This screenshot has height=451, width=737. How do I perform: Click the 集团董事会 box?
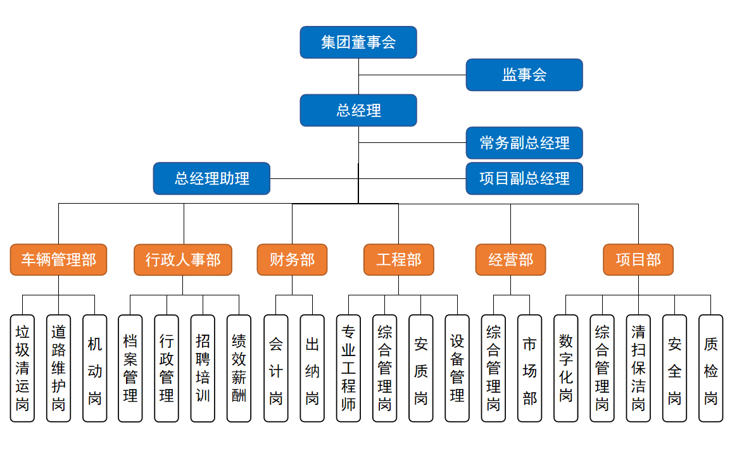tap(358, 42)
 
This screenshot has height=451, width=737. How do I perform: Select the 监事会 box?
tap(524, 75)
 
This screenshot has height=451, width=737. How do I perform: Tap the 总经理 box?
tap(358, 111)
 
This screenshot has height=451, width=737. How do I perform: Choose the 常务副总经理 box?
tap(524, 143)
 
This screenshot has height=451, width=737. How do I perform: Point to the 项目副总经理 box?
tap(524, 178)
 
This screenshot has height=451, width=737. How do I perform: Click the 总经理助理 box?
tap(211, 178)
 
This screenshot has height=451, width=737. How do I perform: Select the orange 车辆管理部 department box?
tap(58, 260)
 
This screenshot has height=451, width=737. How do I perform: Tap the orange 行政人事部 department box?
tap(183, 260)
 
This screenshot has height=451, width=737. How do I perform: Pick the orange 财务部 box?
tap(292, 260)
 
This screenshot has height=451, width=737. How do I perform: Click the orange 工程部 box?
tap(399, 260)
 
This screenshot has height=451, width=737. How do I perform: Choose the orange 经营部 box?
tap(511, 260)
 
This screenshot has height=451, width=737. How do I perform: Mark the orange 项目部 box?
tap(638, 260)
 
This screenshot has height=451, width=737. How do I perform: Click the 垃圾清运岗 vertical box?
tap(22, 368)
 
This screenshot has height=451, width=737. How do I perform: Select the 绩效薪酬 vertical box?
tap(239, 368)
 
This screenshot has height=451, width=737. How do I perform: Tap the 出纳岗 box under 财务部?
tap(312, 368)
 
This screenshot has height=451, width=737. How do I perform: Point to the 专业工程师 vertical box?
tap(348, 368)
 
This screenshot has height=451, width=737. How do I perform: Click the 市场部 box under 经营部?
tap(530, 368)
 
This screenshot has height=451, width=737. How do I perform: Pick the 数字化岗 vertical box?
tap(566, 368)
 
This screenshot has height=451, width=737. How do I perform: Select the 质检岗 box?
tap(711, 368)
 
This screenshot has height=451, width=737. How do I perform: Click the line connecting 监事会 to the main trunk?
tap(412, 75)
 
